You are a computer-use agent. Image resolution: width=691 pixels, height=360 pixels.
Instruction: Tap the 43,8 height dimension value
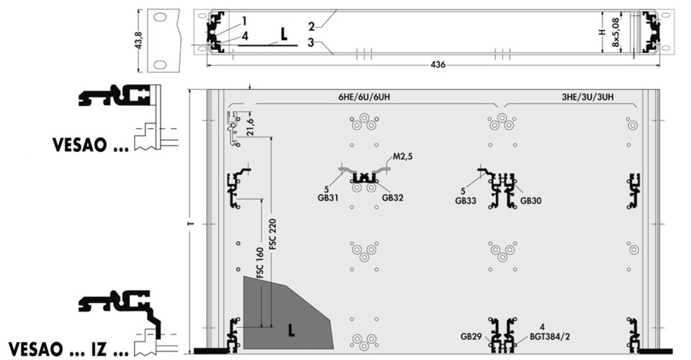[139, 40]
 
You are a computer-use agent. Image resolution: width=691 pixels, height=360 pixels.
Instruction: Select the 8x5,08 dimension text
[616, 31]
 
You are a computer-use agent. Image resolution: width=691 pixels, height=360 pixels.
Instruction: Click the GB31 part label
[329, 198]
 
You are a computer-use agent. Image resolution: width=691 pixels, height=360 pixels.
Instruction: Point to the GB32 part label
[392, 198]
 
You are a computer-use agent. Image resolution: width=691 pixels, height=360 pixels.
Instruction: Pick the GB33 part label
[466, 200]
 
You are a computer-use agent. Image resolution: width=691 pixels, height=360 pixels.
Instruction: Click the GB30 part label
[531, 200]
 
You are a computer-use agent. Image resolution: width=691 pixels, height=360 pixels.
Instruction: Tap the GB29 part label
[471, 336]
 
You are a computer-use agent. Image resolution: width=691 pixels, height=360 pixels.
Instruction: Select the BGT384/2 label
[550, 336]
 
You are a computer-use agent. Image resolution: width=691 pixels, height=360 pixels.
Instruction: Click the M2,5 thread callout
[402, 157]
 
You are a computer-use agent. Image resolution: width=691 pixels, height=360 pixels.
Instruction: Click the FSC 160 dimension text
[260, 263]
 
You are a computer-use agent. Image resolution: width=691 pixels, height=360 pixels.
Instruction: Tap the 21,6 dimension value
[251, 127]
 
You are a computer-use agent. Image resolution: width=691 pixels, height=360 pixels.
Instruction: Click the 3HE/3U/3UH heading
[587, 97]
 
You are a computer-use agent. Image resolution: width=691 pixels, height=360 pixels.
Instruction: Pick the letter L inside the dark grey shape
[291, 330]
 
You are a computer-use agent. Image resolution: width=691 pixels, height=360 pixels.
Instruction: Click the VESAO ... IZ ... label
[69, 349]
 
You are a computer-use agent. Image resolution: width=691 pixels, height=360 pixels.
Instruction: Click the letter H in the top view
[603, 31]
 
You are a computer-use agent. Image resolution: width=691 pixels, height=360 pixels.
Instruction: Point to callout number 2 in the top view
[312, 26]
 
